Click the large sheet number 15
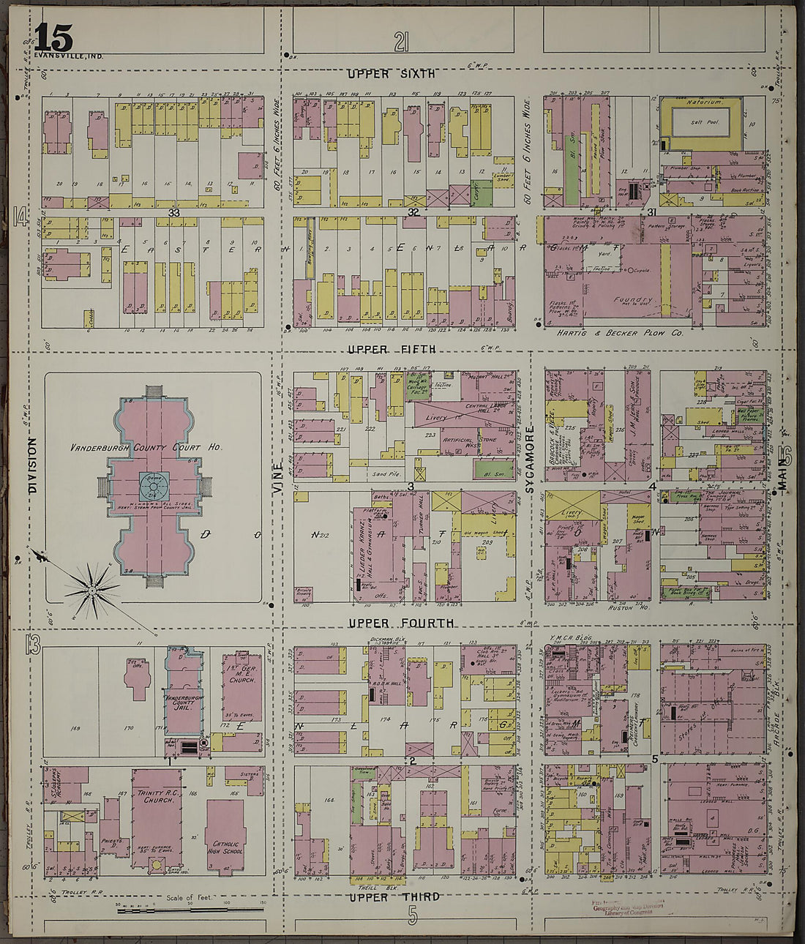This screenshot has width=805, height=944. coord(53,37)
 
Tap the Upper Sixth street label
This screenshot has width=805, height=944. coord(391,73)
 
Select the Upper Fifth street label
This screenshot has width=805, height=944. coord(392,349)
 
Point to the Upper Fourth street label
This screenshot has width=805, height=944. coord(400,623)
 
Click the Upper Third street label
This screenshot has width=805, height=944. coord(394,897)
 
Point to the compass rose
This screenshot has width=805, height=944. coord(92,589)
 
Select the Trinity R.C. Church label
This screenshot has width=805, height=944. coord(154,795)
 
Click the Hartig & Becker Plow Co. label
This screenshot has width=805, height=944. coord(619,333)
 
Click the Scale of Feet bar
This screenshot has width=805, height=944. coord(190,910)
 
